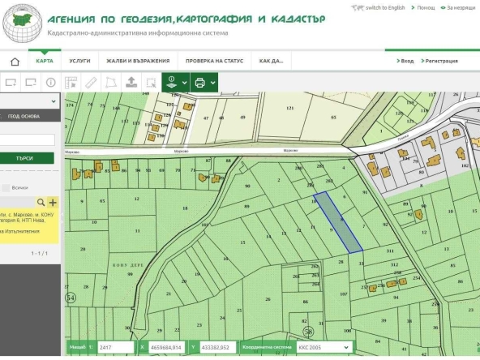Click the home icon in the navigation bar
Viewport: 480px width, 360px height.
tap(14, 61)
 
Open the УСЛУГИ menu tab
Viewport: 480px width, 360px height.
tap(79, 61)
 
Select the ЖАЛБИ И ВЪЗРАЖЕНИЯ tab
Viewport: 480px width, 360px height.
tap(140, 61)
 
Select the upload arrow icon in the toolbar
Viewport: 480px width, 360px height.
tap(131, 82)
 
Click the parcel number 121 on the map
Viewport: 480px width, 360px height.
tap(289, 108)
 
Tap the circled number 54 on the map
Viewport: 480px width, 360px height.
tap(71, 299)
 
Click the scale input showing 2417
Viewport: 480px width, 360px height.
tap(114, 347)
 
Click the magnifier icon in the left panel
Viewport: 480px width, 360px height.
tap(41, 202)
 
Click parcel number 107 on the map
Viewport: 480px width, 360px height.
tap(344, 294)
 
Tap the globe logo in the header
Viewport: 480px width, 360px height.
tap(22, 21)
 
